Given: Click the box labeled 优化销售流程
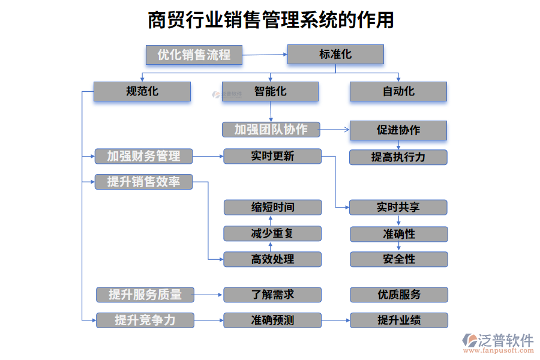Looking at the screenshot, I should click(194, 55).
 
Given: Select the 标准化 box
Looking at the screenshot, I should click(335, 55).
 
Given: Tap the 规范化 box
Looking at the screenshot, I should click(142, 92).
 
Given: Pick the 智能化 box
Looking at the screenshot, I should click(270, 92).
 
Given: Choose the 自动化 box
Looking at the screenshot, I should click(398, 92).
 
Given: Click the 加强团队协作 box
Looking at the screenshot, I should click(271, 129).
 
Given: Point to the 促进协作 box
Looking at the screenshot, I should click(398, 130).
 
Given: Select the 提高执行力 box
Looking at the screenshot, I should click(398, 157).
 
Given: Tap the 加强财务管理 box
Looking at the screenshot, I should click(144, 156).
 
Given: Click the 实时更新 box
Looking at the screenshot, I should click(272, 156).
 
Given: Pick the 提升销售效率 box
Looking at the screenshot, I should click(144, 182).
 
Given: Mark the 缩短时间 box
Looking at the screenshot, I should click(272, 208).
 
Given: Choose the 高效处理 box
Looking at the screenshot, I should click(272, 259).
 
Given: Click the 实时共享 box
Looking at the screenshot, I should click(398, 208).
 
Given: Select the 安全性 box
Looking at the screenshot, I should click(399, 259).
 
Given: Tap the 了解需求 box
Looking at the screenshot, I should click(272, 295).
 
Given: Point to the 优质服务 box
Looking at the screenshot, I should click(399, 295).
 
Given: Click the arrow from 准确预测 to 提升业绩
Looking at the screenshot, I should click(335, 320).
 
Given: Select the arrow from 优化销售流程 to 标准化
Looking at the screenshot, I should click(265, 55).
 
